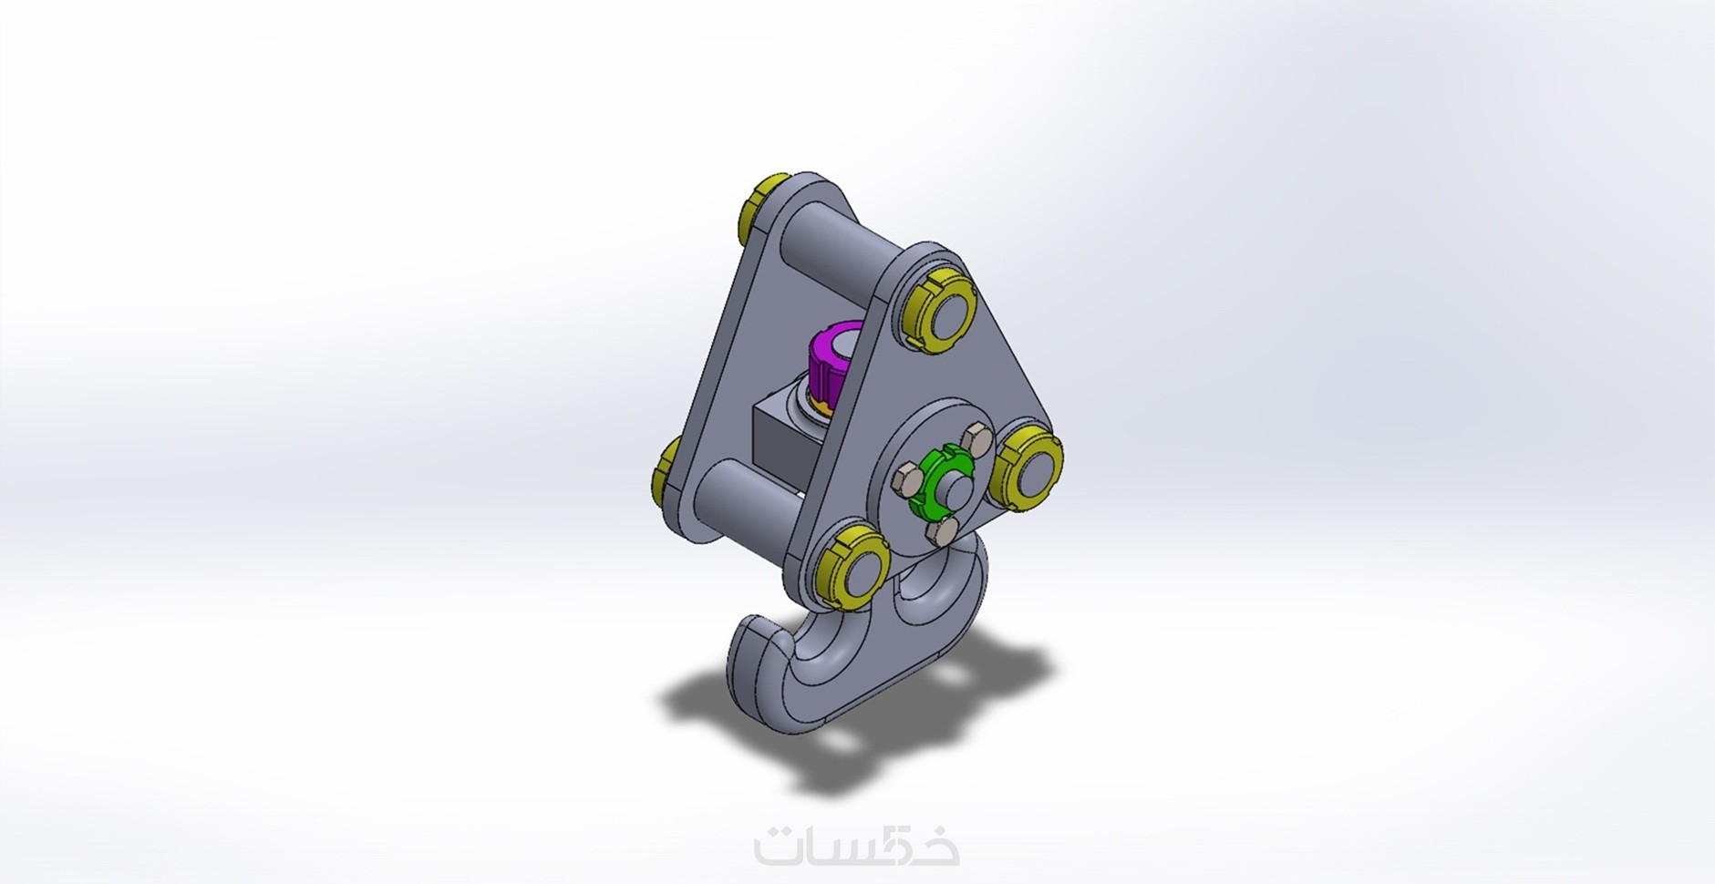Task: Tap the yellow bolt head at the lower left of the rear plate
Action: pyautogui.click(x=667, y=471)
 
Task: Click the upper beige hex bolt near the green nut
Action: pyautogui.click(x=976, y=438)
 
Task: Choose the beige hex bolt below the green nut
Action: pyautogui.click(x=942, y=531)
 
